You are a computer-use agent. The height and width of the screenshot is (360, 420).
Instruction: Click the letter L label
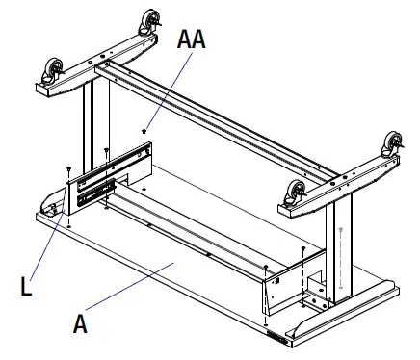[26, 285]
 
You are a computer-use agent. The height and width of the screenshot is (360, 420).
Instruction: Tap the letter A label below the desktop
[82, 324]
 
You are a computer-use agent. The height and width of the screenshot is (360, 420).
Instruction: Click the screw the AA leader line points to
[144, 131]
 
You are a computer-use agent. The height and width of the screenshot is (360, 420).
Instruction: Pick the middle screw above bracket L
[105, 150]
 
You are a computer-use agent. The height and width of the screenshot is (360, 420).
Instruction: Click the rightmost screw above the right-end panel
[303, 249]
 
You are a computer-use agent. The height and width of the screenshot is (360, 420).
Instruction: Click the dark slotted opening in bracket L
[97, 191]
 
